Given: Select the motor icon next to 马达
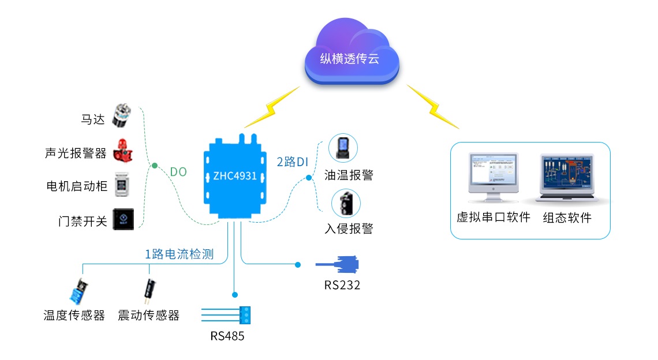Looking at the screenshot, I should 122,116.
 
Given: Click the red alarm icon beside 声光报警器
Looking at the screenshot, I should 122,150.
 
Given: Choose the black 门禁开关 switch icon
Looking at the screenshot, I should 122,219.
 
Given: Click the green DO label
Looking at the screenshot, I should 178,172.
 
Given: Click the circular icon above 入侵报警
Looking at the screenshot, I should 346,204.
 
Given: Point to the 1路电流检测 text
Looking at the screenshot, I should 179,254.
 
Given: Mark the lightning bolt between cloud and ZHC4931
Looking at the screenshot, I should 272,107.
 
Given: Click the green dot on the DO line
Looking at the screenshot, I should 155,166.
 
